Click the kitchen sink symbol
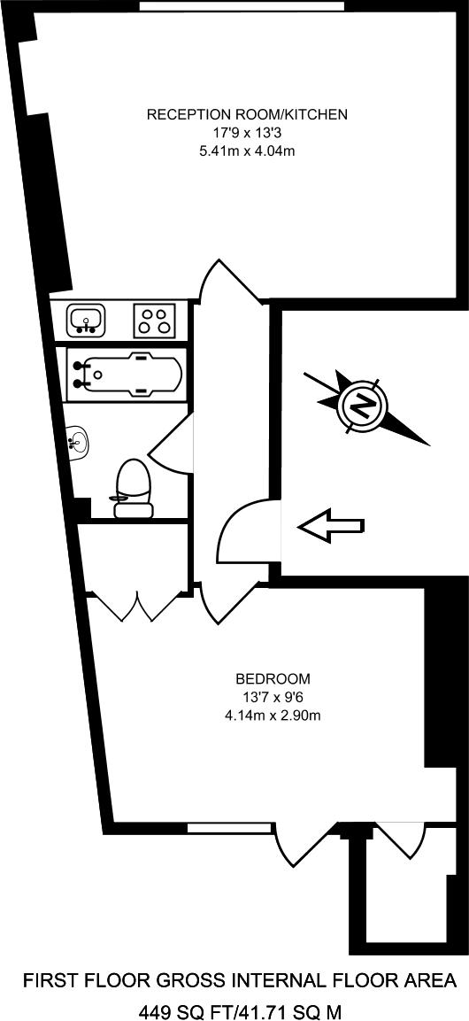[x=86, y=321]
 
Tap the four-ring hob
[x=154, y=321]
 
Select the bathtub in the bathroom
[x=127, y=375]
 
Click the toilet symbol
[x=133, y=488]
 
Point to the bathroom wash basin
[x=79, y=443]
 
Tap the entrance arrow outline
[x=330, y=525]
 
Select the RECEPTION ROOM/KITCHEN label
[x=247, y=115]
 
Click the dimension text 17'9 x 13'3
[x=247, y=134]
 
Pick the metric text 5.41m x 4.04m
[x=247, y=151]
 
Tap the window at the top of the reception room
[x=242, y=6]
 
